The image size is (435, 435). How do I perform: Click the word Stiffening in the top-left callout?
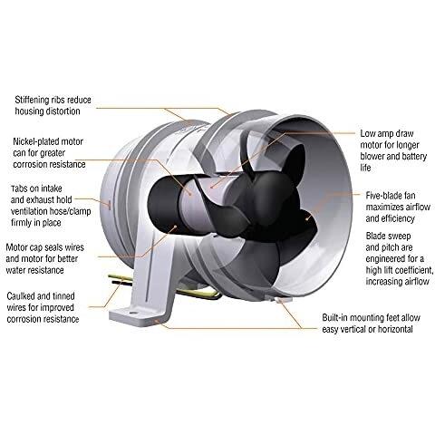(x=32, y=100)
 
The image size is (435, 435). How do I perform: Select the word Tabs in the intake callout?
(x=20, y=188)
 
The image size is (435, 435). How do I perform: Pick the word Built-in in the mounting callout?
(x=334, y=318)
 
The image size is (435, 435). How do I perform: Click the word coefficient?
(x=411, y=270)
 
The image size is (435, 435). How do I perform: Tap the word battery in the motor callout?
(x=414, y=157)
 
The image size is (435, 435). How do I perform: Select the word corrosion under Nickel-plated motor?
(x=30, y=164)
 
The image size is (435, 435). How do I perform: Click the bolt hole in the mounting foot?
(x=132, y=311)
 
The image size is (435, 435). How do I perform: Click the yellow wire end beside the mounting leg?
(x=111, y=275)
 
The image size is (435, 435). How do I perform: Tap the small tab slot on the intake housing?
(x=110, y=205)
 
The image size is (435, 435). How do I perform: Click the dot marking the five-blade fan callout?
(x=307, y=218)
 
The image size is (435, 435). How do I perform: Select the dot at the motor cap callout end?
(x=176, y=227)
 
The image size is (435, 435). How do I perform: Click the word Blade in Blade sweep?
(x=376, y=236)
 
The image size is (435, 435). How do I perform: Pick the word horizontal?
(x=393, y=329)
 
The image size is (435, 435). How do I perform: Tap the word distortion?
(x=63, y=111)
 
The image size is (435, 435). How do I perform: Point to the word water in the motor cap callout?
(x=17, y=270)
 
